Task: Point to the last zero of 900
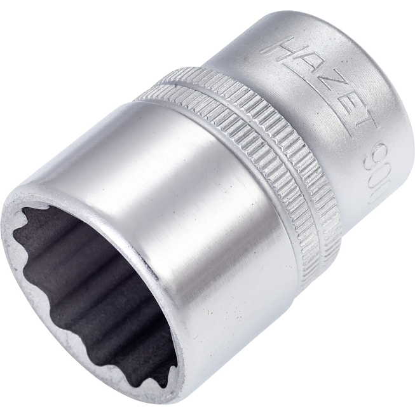pos(376,193)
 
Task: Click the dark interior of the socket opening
pos(89,280)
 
